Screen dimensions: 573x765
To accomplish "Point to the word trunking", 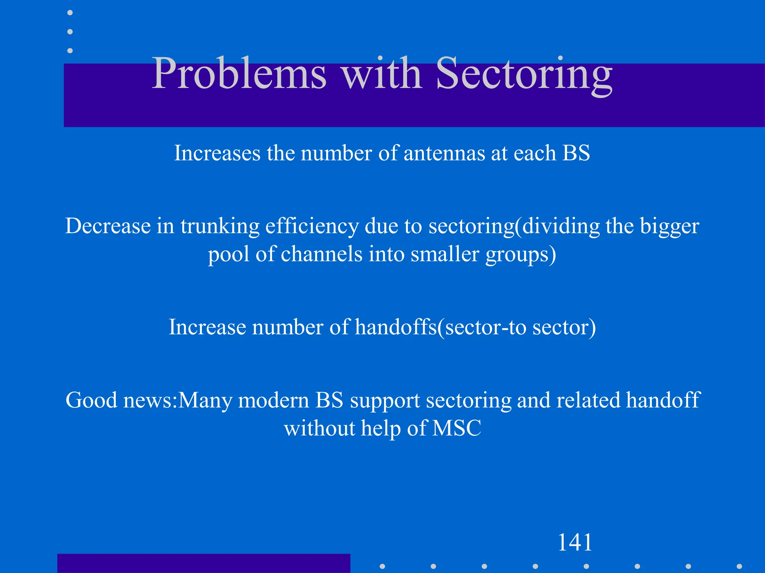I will point(220,226).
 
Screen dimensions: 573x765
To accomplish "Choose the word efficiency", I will point(312,226).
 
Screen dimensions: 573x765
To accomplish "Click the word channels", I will point(321,254).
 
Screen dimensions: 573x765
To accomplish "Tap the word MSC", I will point(456,428).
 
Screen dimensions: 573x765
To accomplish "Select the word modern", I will point(273,400).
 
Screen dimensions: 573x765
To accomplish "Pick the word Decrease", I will point(108,226).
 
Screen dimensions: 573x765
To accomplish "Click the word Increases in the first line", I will point(217,153).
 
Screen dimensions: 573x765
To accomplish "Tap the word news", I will point(147,400).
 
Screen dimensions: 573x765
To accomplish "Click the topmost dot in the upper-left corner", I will point(70,13).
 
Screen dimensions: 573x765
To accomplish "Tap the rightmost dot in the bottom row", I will point(739,566).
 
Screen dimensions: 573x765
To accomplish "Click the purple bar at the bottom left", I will point(204,563).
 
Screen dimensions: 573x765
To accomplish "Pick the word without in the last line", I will point(319,428).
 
